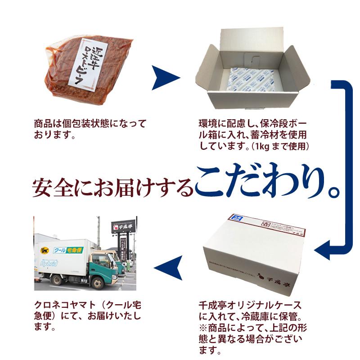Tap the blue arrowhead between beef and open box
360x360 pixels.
pyautogui.click(x=165, y=78)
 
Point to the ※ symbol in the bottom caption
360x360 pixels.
pyautogui.click(x=202, y=326)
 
